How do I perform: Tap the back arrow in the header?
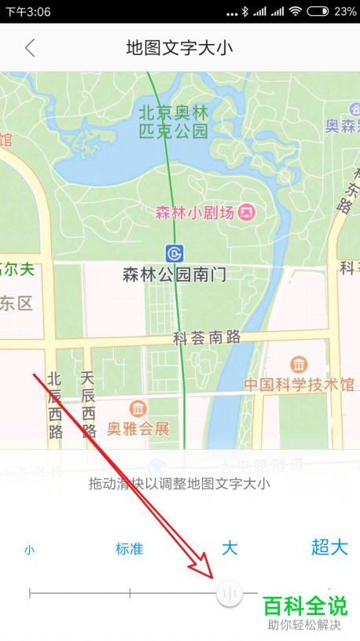tap(30, 48)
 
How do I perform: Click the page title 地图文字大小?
tap(180, 48)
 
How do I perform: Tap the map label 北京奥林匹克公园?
tap(173, 120)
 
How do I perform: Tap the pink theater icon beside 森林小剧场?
tap(248, 212)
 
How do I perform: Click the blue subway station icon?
tap(174, 253)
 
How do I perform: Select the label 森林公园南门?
tap(174, 274)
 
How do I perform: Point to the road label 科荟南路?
tap(206, 338)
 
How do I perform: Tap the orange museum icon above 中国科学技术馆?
tap(299, 365)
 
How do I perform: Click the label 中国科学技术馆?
tap(299, 385)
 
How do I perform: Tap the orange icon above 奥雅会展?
tap(138, 409)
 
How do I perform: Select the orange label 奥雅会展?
tap(138, 429)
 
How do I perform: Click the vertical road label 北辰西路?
tap(55, 405)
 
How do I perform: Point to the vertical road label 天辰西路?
tap(88, 405)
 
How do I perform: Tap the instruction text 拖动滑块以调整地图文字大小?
tap(180, 484)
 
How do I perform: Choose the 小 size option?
tap(29, 550)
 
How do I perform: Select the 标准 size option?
tap(130, 549)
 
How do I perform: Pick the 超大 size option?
tap(329, 547)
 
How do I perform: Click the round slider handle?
tap(230, 593)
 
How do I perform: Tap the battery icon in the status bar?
tap(318, 12)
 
